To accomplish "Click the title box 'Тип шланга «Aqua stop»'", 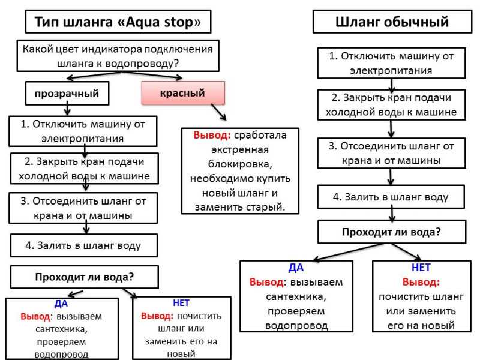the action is tap(118, 22).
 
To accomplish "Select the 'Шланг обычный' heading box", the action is tap(392, 22).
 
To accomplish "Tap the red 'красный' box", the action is tap(183, 93).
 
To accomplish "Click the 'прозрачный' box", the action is tap(67, 94).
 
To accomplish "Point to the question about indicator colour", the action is tap(118, 56).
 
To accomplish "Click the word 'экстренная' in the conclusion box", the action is tap(240, 149).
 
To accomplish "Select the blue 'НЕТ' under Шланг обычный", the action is tap(421, 268).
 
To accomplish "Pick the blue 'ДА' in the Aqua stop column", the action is tap(61, 304).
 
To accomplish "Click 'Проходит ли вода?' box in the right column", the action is tap(392, 232).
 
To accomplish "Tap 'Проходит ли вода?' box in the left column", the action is tap(85, 277).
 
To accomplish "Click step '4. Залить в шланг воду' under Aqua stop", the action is tap(84, 245).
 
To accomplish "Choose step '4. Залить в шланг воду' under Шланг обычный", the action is tap(391, 197).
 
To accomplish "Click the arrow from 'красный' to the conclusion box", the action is tap(218, 112).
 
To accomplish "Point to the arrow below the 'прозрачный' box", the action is tap(67, 110).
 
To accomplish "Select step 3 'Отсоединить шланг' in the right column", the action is tap(391, 153).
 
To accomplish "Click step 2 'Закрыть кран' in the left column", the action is tap(85, 169).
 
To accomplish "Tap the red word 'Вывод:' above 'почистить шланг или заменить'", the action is tap(421, 282).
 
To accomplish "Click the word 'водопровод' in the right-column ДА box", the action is tap(296, 326).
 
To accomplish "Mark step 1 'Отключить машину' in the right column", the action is tap(391, 63).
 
